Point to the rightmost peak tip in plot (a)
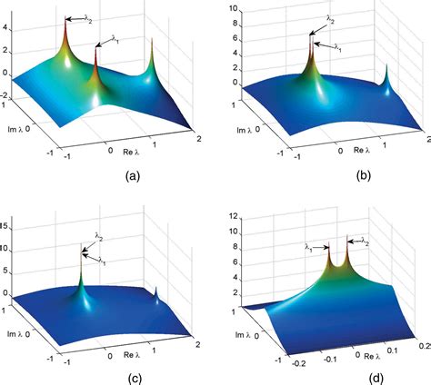coord(152,41)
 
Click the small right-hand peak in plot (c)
coord(157,289)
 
